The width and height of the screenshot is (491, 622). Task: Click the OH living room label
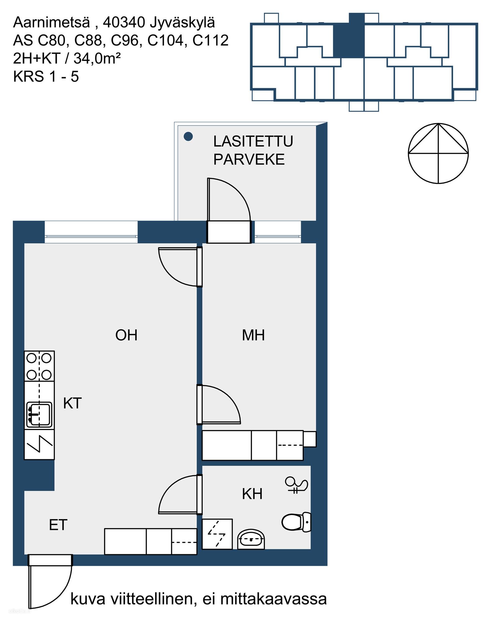tap(126, 335)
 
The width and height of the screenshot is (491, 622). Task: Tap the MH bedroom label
tap(253, 335)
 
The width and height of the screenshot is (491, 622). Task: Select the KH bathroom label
tap(252, 494)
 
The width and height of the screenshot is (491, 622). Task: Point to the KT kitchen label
tap(72, 403)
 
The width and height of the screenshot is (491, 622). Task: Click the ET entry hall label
tap(58, 525)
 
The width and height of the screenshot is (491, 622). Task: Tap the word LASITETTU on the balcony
tap(253, 142)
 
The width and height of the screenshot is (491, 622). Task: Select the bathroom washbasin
tap(251, 540)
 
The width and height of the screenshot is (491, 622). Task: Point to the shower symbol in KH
tap(296, 485)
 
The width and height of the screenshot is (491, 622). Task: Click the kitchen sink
tap(39, 415)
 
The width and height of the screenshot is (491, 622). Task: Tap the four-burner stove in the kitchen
tap(39, 366)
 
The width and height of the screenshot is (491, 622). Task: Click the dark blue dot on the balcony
tap(188, 136)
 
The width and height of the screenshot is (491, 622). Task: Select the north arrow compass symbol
tap(438, 153)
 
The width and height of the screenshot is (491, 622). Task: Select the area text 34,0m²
tap(97, 58)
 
